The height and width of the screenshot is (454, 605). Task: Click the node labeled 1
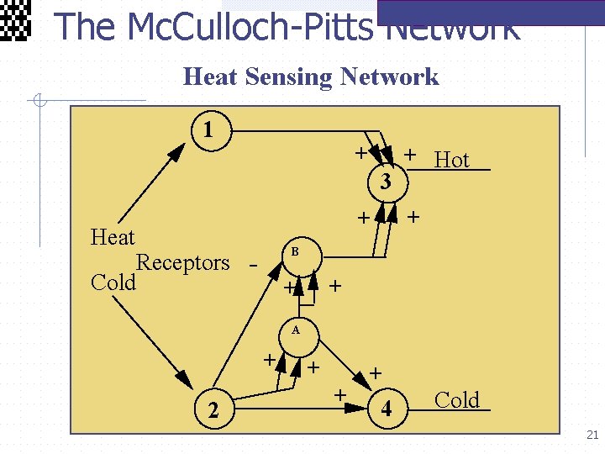(208, 130)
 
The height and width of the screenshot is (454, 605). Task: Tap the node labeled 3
(385, 181)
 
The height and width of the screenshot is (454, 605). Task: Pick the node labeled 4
(386, 410)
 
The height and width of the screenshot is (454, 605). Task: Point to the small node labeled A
(296, 330)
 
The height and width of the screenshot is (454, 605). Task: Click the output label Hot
(451, 160)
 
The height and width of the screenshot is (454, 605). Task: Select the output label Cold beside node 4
(456, 400)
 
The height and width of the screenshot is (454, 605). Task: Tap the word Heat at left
(113, 237)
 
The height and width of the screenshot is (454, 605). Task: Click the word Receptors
(182, 262)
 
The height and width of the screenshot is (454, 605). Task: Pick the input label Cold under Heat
(113, 282)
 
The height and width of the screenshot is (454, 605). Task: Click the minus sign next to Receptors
(252, 264)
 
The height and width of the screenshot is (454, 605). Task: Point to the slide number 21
(592, 435)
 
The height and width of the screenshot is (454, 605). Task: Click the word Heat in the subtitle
(210, 77)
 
